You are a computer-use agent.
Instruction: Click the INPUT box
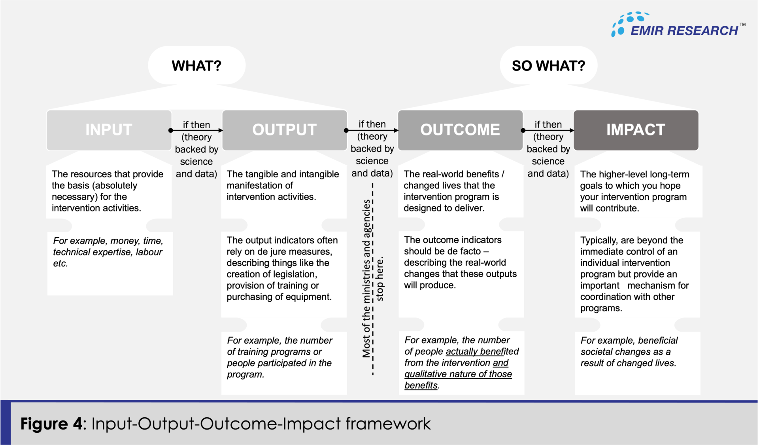pos(109,130)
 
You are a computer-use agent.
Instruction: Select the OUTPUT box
pos(284,130)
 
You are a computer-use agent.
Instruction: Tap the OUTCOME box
pos(460,130)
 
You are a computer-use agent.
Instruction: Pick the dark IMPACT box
pos(636,130)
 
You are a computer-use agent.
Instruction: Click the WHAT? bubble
pos(196,66)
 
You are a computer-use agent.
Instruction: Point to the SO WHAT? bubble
pos(548,66)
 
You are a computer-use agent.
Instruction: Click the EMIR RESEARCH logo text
pos(684,31)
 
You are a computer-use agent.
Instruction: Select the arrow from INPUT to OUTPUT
pos(196,130)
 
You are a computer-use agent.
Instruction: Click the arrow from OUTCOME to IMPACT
pos(548,130)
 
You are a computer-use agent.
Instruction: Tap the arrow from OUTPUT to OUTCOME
pos(372,130)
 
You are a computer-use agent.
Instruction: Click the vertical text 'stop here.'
pos(379,279)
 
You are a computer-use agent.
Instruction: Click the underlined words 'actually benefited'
pos(482,352)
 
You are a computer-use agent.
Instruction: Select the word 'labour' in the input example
pos(149,252)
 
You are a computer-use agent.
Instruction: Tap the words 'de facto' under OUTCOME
pos(465,251)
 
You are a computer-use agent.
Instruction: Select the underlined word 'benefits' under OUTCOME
pos(421,386)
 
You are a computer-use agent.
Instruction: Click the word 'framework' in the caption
pos(388,424)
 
